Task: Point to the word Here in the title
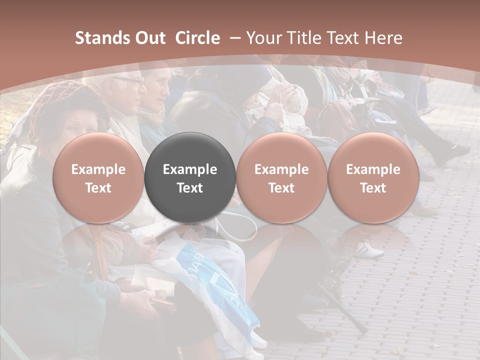(x=384, y=38)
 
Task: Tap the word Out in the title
(x=150, y=38)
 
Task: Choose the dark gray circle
(x=189, y=177)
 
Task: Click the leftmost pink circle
(x=98, y=177)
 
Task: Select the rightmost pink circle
(x=373, y=177)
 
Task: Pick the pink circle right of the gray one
(x=281, y=177)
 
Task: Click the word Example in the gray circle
(x=189, y=169)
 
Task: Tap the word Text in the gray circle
(x=189, y=188)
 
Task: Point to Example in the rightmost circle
(x=373, y=169)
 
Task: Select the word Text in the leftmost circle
(x=98, y=188)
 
